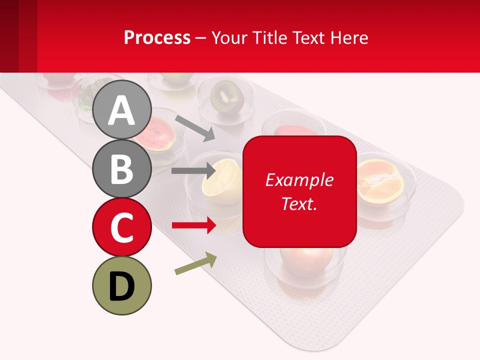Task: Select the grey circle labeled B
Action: coord(121,168)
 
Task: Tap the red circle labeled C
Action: coord(121,227)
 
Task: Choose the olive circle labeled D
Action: coord(121,285)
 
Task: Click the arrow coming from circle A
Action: coord(195,127)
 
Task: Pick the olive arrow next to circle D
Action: coord(195,264)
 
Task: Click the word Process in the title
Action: coord(157,37)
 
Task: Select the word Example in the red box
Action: coord(299,180)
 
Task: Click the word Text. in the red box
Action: coord(299,203)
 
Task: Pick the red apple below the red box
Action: coord(306,260)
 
